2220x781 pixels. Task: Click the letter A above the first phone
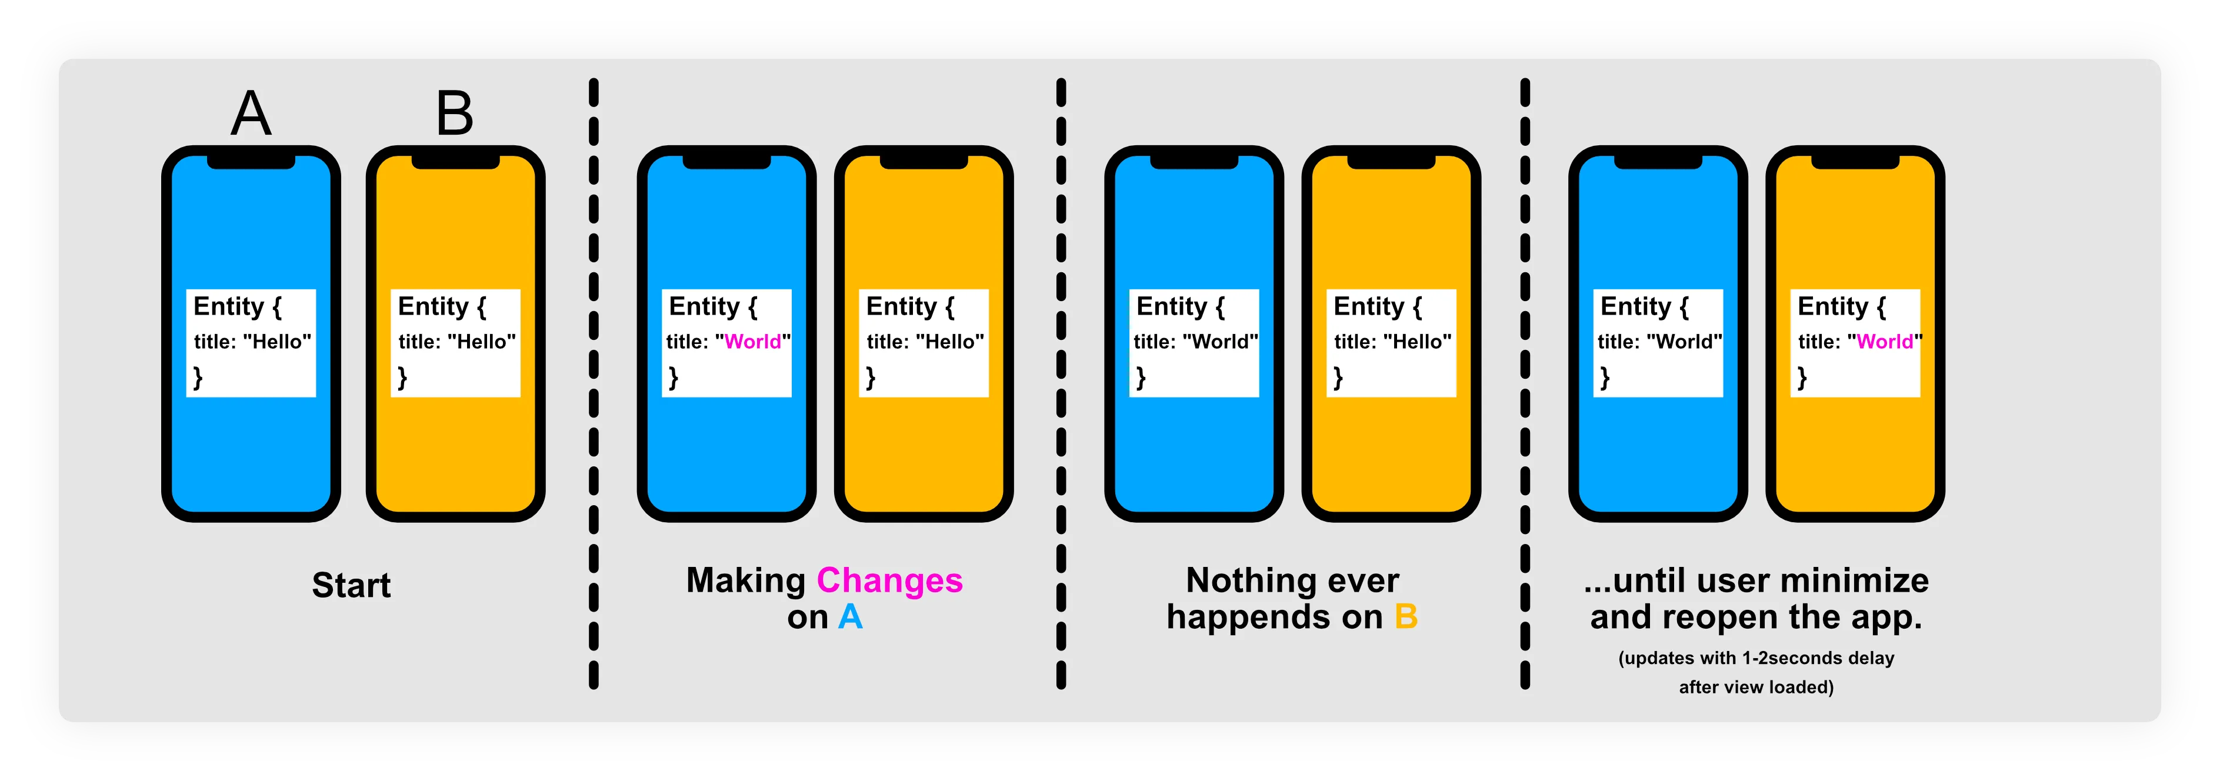click(x=251, y=114)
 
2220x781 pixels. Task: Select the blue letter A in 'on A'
click(x=850, y=618)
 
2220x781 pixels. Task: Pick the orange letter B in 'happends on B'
click(x=1406, y=618)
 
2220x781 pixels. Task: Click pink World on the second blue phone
click(x=752, y=341)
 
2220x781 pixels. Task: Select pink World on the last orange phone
click(x=1885, y=341)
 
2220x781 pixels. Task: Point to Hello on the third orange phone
click(x=1417, y=341)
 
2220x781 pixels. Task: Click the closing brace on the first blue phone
click(x=198, y=377)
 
